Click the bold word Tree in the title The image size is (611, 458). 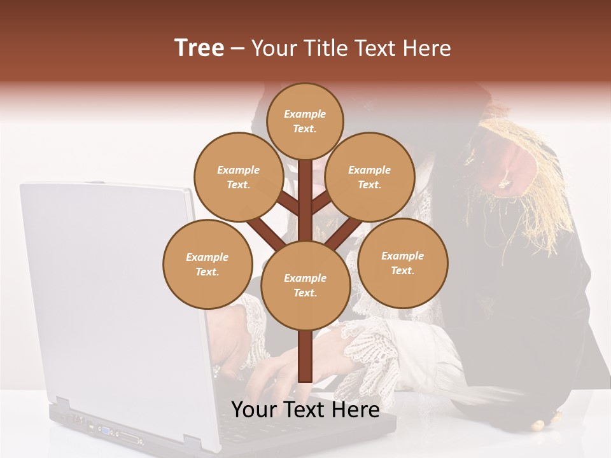pos(199,48)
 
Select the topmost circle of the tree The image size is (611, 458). pos(305,121)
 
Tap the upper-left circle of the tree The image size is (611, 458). pos(238,177)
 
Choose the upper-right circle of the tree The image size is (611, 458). pos(369,177)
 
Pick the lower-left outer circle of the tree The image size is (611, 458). pos(207,264)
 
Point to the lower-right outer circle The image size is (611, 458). pos(402,263)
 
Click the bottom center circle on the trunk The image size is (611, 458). pos(305,285)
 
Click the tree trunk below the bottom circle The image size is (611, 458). pos(305,356)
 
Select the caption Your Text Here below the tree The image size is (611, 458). pos(305,410)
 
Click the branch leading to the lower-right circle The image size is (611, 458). pos(338,235)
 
